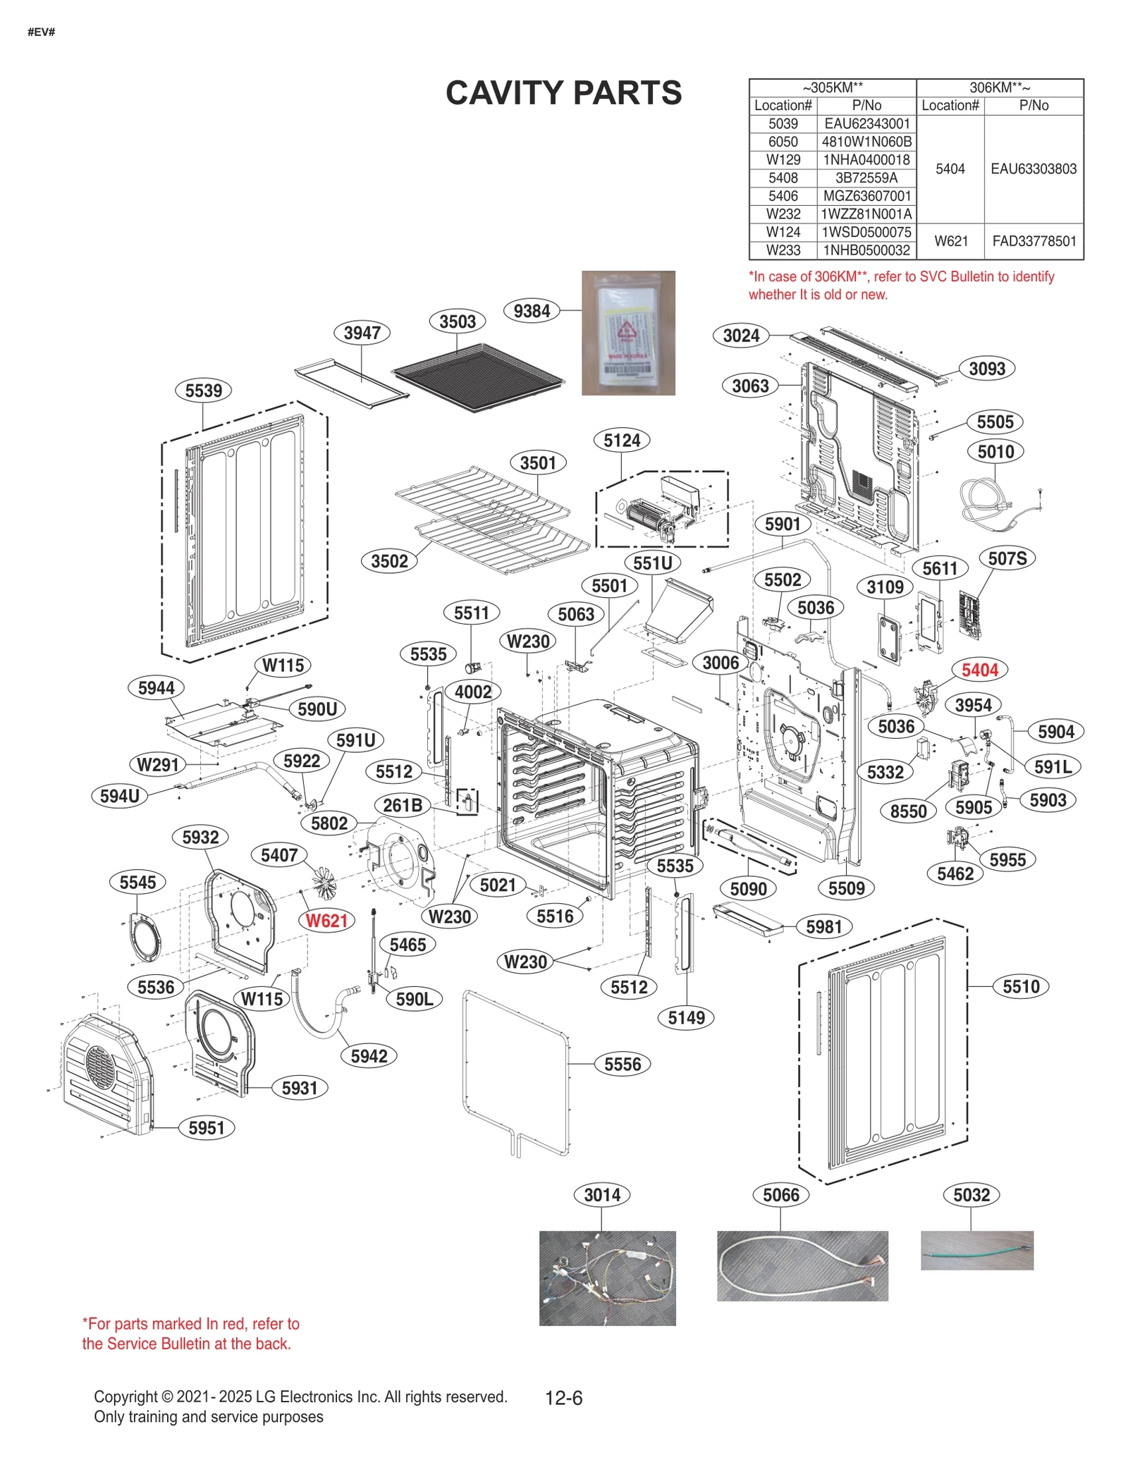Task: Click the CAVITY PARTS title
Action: point(563,93)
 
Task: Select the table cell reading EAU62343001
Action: point(866,123)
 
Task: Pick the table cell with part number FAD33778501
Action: point(1034,241)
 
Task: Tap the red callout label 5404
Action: point(979,670)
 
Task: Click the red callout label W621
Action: point(326,921)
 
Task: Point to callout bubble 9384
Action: point(532,311)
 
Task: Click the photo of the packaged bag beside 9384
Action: point(628,333)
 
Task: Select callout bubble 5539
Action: point(203,391)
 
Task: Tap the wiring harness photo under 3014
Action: point(607,1278)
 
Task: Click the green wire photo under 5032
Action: point(976,1251)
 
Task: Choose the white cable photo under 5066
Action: point(802,1266)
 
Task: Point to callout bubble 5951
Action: point(206,1128)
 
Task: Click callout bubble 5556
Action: point(622,1064)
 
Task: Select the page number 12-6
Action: point(563,1397)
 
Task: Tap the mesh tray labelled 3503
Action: point(478,377)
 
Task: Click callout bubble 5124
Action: point(621,441)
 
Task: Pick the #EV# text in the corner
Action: point(41,32)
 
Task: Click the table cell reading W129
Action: point(783,160)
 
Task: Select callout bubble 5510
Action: point(1020,986)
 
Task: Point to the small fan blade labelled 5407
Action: point(326,883)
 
